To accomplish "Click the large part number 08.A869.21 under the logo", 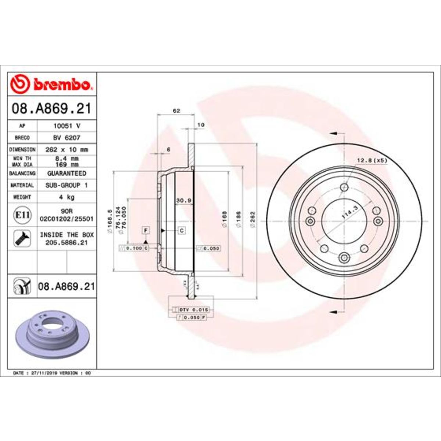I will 51,109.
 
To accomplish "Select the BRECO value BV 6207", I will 67,137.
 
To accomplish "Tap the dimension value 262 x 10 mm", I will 67,150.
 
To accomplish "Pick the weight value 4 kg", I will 67,197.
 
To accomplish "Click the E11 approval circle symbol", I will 22,214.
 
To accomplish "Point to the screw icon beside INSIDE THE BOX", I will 22,239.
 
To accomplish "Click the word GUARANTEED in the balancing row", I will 67,173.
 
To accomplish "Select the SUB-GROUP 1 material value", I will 67,185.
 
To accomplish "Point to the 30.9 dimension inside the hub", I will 183,200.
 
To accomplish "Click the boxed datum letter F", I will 146,230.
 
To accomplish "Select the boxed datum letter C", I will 182,230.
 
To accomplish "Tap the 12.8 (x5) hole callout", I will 372,160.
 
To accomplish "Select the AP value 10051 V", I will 67,125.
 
